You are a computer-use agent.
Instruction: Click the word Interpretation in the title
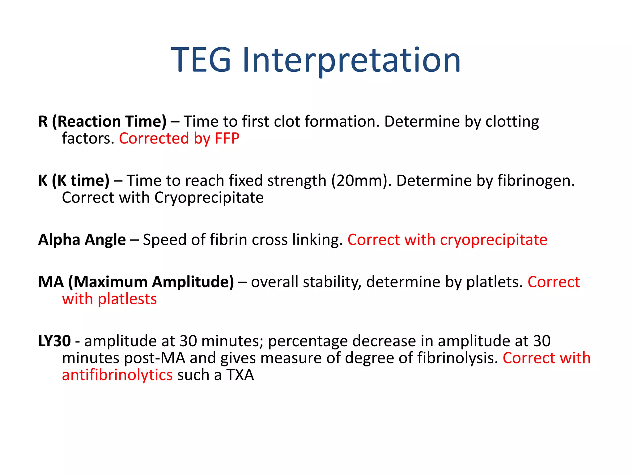(x=351, y=60)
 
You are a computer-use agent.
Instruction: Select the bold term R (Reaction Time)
(x=102, y=121)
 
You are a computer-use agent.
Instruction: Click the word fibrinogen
(x=536, y=181)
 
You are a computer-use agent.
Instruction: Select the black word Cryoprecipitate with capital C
(x=209, y=198)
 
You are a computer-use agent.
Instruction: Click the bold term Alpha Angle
(x=82, y=240)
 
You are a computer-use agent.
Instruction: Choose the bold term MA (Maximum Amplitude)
(x=136, y=282)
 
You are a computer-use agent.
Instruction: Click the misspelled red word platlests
(x=127, y=299)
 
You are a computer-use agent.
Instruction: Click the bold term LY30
(x=55, y=341)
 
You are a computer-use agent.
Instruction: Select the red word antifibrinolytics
(x=117, y=375)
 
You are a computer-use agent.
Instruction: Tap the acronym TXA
(x=240, y=375)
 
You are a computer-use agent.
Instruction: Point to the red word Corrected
(x=154, y=138)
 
